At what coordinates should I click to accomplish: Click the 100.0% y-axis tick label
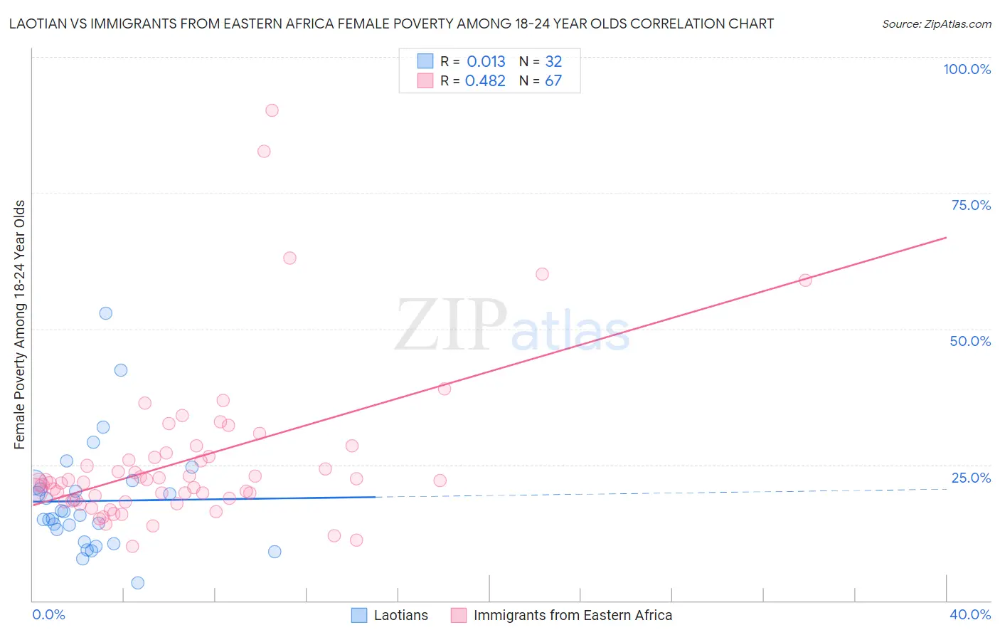point(967,69)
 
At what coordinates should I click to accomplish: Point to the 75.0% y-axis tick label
point(971,205)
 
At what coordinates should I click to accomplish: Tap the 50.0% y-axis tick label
point(970,341)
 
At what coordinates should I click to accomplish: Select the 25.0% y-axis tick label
point(971,478)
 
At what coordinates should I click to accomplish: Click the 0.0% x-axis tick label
point(48,615)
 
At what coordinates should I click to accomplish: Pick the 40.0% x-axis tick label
point(970,615)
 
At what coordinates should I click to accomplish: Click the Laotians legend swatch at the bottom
point(359,616)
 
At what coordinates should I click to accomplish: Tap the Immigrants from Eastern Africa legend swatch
point(459,616)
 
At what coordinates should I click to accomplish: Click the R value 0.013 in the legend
point(486,62)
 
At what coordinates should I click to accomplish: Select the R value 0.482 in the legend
point(485,81)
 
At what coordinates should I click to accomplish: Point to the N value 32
point(553,62)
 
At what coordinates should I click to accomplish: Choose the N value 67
point(553,81)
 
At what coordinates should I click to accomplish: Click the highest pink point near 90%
point(272,110)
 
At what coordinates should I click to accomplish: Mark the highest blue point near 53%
point(106,313)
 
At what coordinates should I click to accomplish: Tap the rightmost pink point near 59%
point(805,280)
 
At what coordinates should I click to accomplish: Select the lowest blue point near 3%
point(138,583)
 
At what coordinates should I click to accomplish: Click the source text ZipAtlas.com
point(937,24)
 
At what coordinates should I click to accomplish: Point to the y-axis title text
point(20,325)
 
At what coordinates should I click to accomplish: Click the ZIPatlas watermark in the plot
point(512,326)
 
